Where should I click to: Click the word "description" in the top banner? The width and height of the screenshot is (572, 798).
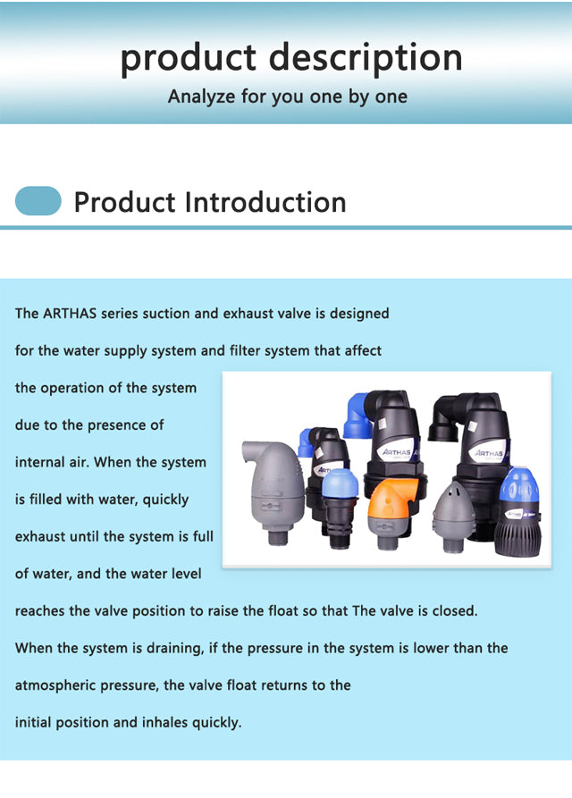point(366,58)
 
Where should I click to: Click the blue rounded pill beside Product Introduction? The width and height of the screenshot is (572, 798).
point(38,200)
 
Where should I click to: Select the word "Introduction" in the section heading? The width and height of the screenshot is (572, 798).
point(265,202)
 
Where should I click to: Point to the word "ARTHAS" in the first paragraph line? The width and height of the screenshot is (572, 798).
point(70,313)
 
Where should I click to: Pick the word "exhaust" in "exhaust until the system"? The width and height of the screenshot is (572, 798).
point(40,536)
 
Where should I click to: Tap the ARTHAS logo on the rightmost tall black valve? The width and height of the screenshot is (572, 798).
point(489,453)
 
